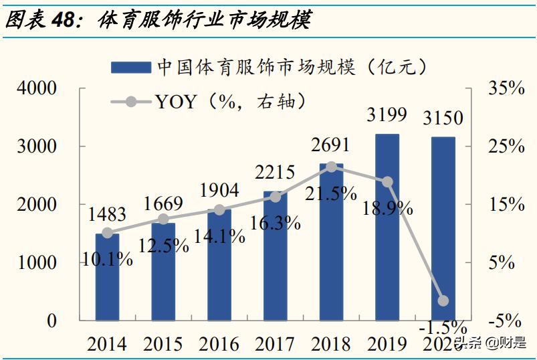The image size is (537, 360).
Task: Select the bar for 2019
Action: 387,227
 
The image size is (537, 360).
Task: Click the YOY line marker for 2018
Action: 331,167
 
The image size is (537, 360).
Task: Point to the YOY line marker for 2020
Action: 443,301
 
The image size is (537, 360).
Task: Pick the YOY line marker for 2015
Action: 163,219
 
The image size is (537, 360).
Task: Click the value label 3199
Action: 387,114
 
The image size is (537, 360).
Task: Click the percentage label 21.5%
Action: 332,193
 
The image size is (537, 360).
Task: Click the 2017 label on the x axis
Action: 275,344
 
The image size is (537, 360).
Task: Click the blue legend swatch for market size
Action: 131,67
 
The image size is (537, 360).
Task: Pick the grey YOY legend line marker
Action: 131,102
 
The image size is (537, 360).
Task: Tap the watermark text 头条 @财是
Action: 490,343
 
